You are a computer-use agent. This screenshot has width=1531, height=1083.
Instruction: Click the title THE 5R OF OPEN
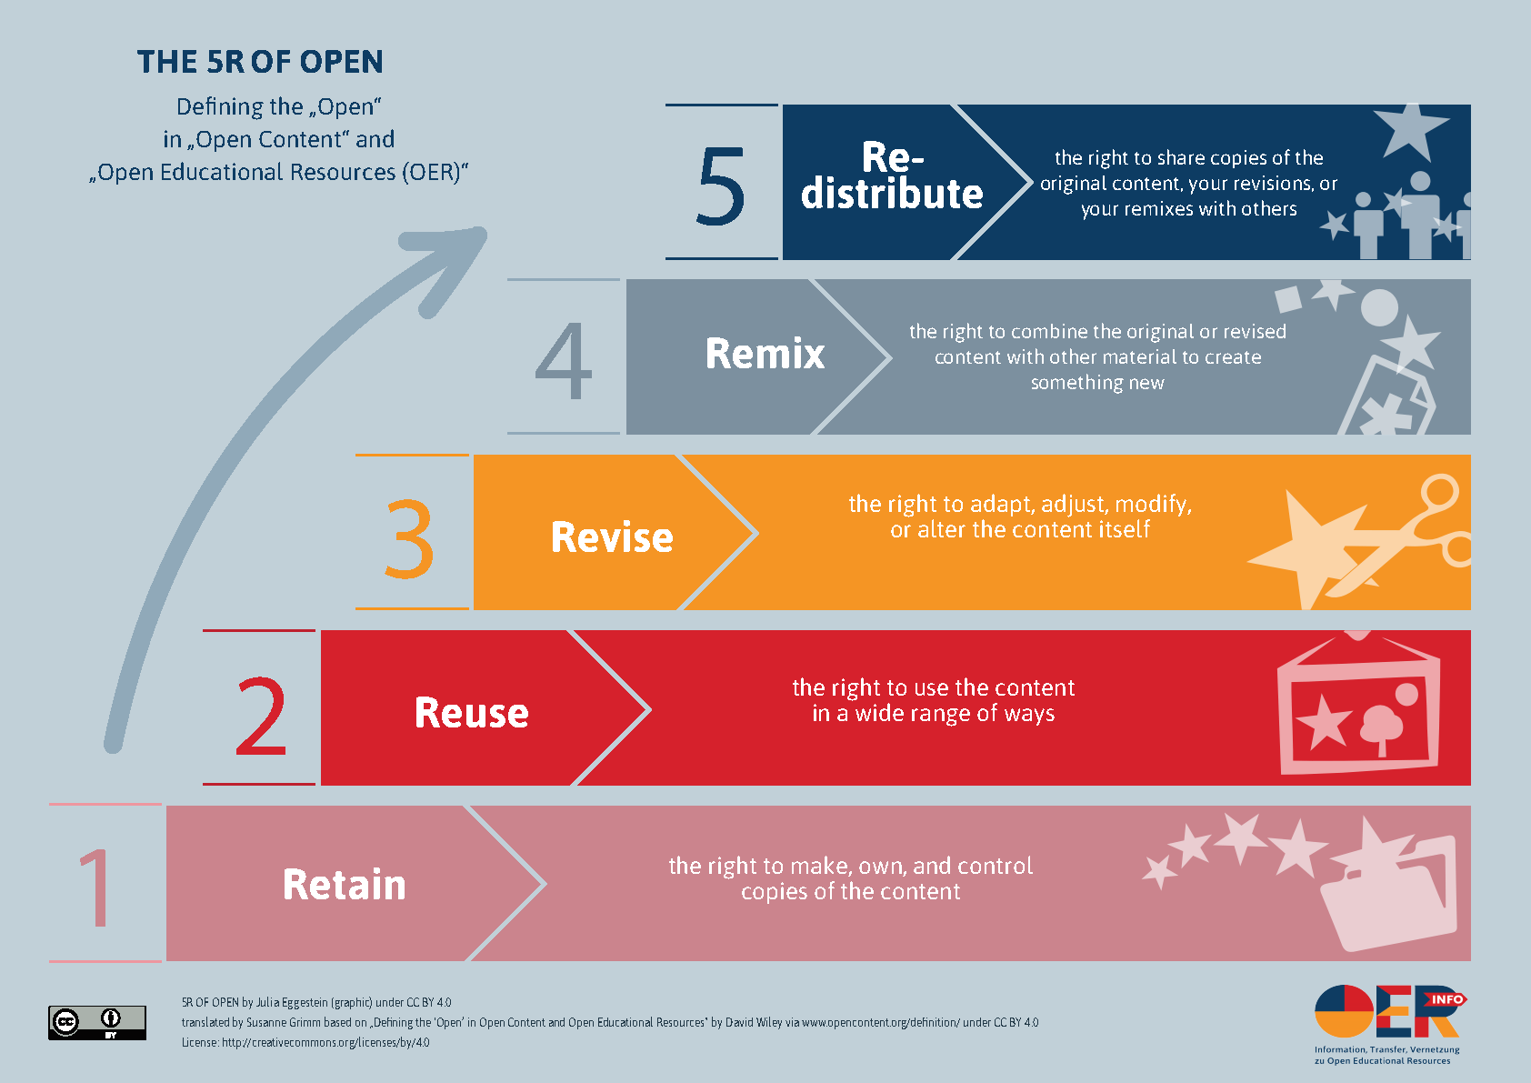pyautogui.click(x=260, y=62)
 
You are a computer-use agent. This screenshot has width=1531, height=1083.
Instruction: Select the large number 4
pyautogui.click(x=564, y=361)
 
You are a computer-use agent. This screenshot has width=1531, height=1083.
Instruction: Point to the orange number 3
pyautogui.click(x=410, y=538)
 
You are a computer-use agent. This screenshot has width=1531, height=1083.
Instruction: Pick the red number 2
pyautogui.click(x=261, y=717)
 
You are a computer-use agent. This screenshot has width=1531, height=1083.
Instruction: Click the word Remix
pyautogui.click(x=765, y=354)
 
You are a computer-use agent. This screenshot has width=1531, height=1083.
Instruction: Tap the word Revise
pyautogui.click(x=612, y=537)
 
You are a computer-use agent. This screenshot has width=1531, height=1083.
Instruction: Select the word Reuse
pyautogui.click(x=471, y=713)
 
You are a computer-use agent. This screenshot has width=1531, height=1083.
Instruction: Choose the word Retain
pyautogui.click(x=344, y=885)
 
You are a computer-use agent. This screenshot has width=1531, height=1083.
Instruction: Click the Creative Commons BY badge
pyautogui.click(x=97, y=1022)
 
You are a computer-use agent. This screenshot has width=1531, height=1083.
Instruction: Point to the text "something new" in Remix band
pyautogui.click(x=1097, y=383)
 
